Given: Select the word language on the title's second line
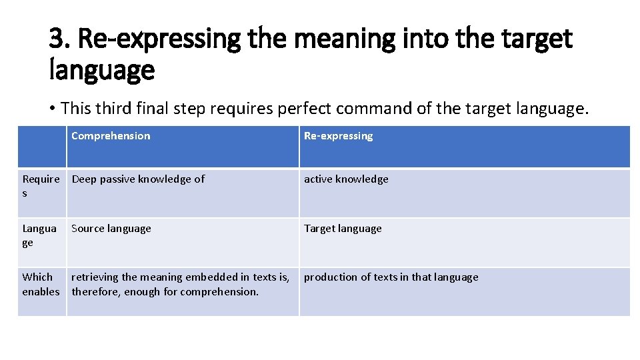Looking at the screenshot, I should point(102,69).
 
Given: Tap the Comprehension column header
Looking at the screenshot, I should point(111,136).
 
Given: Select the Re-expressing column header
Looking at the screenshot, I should point(338,136).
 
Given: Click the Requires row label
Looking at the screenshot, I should point(41,186).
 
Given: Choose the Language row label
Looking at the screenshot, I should point(39,235).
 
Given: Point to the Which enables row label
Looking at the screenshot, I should point(41,284).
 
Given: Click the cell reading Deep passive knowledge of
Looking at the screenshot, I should point(138,179).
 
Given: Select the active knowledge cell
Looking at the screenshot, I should point(346,179).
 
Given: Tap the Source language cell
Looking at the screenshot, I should point(111,228).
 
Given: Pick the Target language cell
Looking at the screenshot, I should point(343,228).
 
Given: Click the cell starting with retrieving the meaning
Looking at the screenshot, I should point(180,284).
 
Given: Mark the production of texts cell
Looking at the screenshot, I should point(391,277).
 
